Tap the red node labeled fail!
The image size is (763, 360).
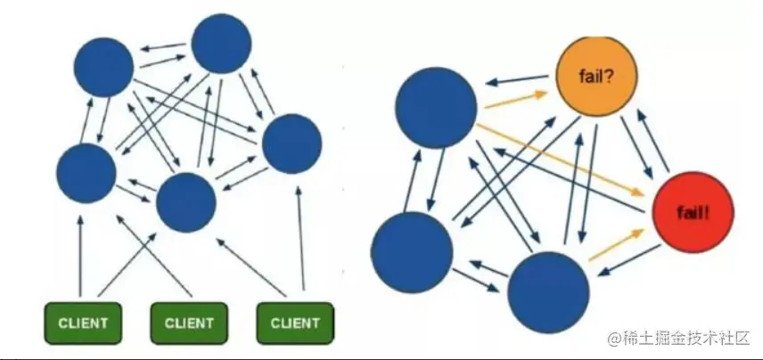(x=687, y=212)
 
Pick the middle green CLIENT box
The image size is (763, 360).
(x=188, y=322)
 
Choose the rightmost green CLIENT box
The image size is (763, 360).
(x=295, y=322)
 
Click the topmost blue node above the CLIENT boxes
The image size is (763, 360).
(x=221, y=44)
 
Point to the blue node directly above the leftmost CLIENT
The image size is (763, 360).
(x=86, y=172)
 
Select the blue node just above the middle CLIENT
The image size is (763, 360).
(x=186, y=202)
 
